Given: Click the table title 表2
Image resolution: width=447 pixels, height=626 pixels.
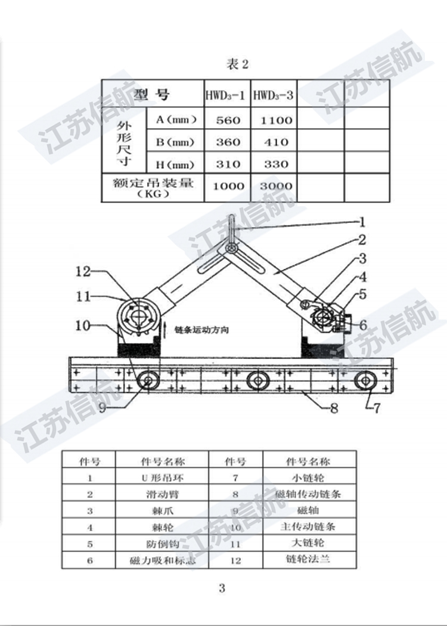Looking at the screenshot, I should tap(237, 64).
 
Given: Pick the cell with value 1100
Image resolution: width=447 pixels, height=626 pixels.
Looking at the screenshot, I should tap(274, 120).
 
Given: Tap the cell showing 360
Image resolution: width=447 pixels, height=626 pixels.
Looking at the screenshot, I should tap(227, 142).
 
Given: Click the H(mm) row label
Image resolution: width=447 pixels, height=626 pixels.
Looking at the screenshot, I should tap(176, 164).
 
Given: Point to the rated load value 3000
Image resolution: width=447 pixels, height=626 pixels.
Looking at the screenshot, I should tap(274, 186).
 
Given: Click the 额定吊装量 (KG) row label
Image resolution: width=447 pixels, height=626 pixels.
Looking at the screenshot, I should tap(153, 186).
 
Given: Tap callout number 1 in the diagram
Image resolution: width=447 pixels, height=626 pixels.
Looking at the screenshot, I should tap(361, 222).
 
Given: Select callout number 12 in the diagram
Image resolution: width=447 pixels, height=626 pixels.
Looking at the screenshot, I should tap(83, 272).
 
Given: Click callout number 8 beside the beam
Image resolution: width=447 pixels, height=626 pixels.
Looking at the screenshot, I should tap(334, 409).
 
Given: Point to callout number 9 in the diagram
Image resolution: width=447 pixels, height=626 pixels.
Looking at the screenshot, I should tap(102, 408).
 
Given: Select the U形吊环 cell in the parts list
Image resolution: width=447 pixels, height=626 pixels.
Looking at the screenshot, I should tap(162, 478).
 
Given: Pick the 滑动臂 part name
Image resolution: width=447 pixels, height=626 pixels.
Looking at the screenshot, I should tap(162, 494).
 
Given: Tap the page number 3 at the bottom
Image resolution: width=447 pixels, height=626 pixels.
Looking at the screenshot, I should tap(222, 588).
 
